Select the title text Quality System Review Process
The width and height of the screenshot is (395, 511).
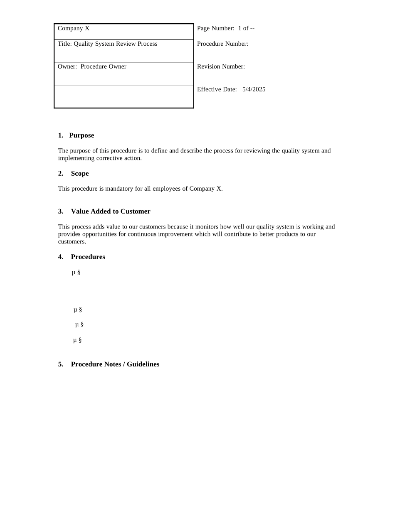[116, 44]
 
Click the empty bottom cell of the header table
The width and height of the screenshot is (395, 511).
[124, 96]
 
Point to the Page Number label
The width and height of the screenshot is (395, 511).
[215, 29]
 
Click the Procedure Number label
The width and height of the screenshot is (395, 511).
[222, 44]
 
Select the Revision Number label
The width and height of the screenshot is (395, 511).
[221, 67]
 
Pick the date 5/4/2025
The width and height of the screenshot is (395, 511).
[254, 90]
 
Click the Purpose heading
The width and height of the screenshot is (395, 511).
[81, 135]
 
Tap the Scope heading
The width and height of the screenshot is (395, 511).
[80, 174]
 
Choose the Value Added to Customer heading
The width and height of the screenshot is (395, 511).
[111, 211]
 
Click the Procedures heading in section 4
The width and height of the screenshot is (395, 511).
[88, 257]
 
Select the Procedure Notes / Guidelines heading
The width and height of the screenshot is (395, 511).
[115, 364]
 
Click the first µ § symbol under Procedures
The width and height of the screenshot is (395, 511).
[76, 273]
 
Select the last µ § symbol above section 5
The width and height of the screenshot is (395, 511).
[77, 340]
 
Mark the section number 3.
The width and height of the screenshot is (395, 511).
[61, 211]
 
